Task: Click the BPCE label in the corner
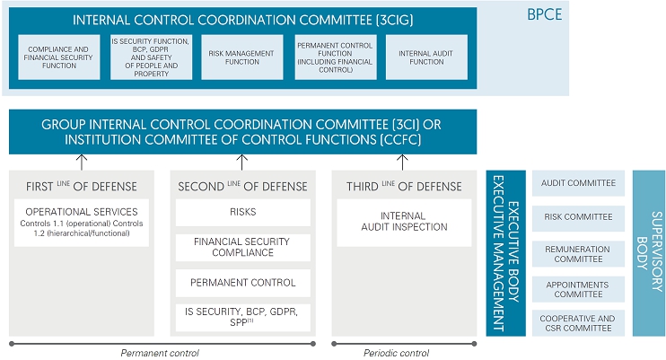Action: (x=544, y=14)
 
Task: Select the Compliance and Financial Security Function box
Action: (x=59, y=57)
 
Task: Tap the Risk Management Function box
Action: (x=242, y=57)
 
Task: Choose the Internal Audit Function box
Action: (x=426, y=57)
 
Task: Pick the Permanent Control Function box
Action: (x=336, y=57)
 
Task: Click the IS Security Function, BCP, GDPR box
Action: (x=151, y=57)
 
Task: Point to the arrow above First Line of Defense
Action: (x=82, y=162)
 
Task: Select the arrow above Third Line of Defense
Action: (x=402, y=162)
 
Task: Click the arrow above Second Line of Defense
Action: (x=242, y=162)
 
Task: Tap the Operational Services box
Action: (x=82, y=223)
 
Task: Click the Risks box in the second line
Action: (x=243, y=213)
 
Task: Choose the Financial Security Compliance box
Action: (x=243, y=248)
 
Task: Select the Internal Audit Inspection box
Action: (x=404, y=223)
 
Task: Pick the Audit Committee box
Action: (x=578, y=183)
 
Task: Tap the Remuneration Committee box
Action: (x=578, y=254)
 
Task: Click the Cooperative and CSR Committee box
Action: (x=578, y=323)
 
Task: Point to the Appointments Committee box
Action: (x=578, y=289)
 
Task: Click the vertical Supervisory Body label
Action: (x=649, y=251)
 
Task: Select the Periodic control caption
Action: (x=397, y=353)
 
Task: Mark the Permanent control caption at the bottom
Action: (x=160, y=353)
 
